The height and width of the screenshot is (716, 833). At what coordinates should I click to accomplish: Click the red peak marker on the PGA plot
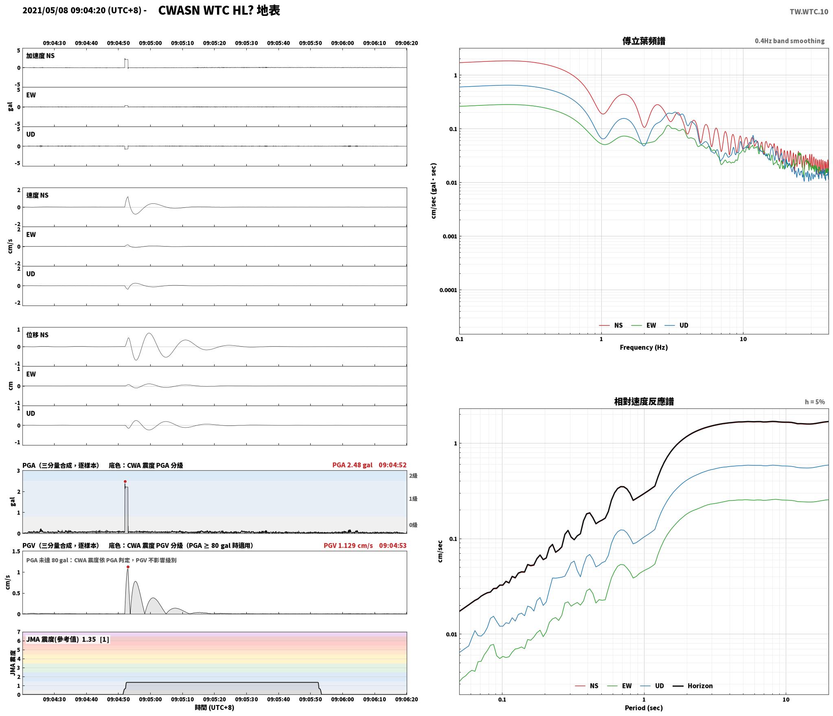pos(125,481)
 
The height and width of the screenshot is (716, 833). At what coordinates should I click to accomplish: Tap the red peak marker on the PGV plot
pos(128,567)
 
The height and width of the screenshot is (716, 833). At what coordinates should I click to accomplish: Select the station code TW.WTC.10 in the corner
pos(809,12)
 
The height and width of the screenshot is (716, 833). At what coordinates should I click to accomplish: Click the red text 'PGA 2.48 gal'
pos(352,465)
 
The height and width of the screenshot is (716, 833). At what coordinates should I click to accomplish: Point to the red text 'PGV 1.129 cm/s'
pos(348,546)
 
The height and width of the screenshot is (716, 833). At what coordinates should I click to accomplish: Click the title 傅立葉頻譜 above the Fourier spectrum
pos(644,41)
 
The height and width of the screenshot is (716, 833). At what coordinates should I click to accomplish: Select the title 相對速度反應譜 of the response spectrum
pos(644,402)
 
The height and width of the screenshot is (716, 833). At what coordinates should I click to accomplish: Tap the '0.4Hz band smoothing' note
pos(789,41)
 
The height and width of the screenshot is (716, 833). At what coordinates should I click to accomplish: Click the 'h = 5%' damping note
pos(815,402)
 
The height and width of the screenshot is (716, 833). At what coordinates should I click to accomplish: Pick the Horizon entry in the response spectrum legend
pos(700,686)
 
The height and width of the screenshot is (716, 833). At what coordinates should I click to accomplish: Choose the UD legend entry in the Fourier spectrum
pos(684,325)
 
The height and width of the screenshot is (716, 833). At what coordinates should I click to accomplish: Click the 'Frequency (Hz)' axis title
pos(644,347)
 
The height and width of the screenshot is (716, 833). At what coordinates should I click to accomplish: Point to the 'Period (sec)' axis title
pos(644,708)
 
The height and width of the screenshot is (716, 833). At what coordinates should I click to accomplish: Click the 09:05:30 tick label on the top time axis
pos(246,43)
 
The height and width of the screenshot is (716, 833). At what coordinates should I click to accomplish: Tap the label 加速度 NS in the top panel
pos(40,56)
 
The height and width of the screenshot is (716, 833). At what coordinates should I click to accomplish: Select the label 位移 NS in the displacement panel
pos(37,335)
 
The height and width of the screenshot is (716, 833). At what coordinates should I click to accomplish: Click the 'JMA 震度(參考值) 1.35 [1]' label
pos(68,640)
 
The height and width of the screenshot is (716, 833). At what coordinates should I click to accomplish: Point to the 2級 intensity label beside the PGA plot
pos(413,476)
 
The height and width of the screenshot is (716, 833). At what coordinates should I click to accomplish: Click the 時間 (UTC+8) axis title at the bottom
pos(214,707)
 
